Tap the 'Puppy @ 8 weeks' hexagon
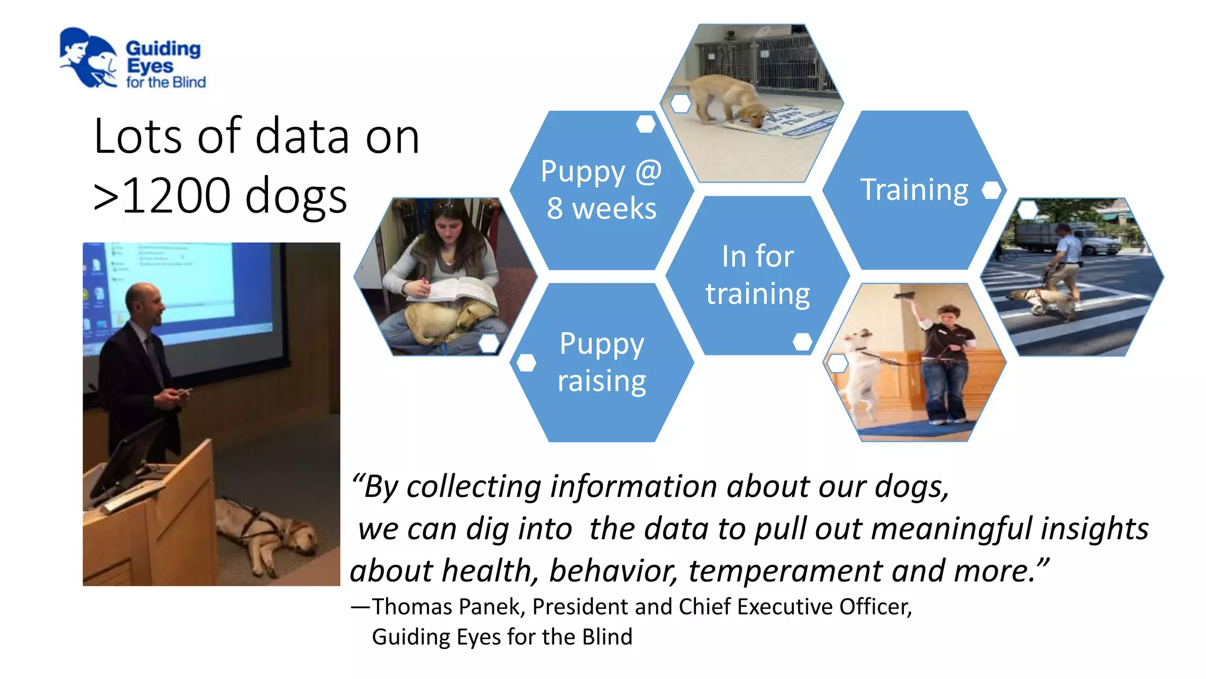(x=601, y=190)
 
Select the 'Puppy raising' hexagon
(x=601, y=362)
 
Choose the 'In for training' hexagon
(x=757, y=275)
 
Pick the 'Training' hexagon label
(x=914, y=190)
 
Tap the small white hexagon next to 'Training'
(x=991, y=190)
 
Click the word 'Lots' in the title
(x=138, y=137)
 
